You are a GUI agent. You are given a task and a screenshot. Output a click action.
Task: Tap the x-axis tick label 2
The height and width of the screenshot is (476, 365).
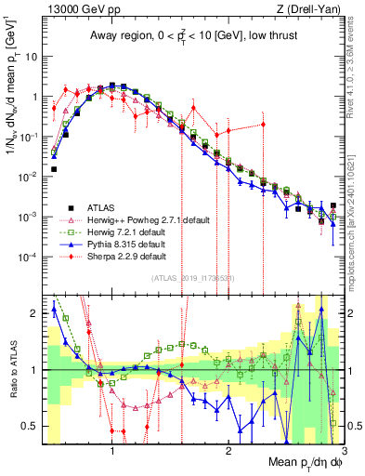click(x=228, y=451)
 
